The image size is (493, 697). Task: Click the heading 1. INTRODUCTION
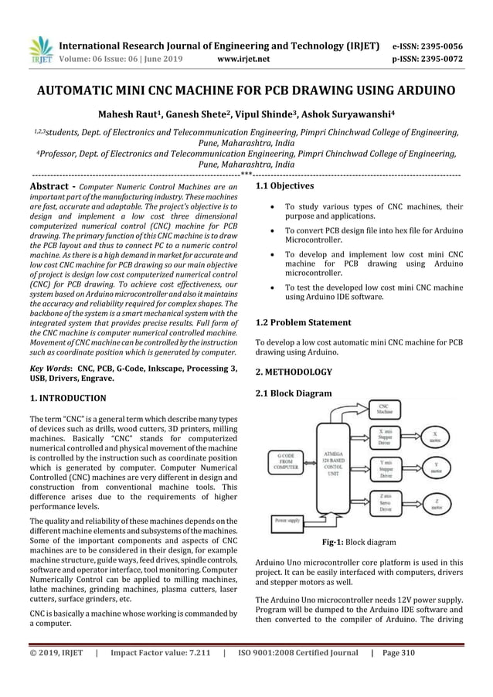point(67,399)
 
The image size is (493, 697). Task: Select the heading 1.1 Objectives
point(284,186)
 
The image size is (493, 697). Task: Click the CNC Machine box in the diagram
point(384,408)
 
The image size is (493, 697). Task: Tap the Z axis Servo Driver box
point(385,505)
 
